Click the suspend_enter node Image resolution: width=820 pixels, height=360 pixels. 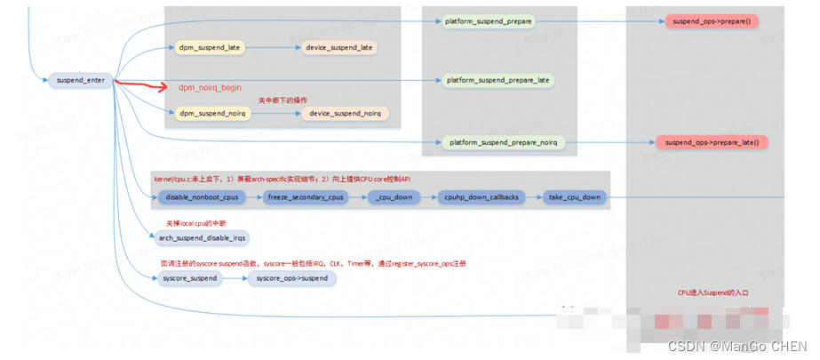point(80,80)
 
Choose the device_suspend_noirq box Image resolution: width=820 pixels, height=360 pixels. point(346,113)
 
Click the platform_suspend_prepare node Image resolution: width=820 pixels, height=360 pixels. point(488,20)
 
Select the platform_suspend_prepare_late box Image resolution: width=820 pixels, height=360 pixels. point(498,80)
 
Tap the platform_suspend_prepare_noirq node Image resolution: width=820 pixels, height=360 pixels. point(502,142)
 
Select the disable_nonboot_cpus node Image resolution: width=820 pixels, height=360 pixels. point(201,196)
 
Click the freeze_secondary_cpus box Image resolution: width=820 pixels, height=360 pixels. point(304,196)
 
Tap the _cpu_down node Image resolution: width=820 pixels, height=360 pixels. point(394,196)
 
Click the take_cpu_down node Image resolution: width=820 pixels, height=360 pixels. point(575,196)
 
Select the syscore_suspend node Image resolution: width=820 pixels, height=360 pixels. point(190,278)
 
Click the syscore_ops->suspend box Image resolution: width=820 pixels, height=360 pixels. point(292,278)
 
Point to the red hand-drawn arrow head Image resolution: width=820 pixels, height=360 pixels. point(163,87)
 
